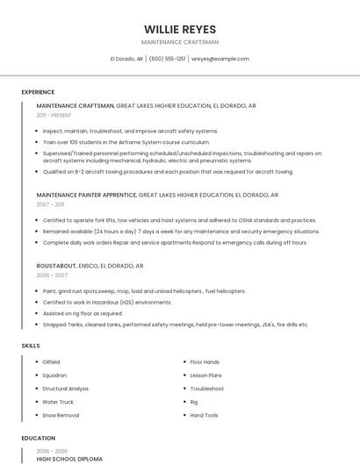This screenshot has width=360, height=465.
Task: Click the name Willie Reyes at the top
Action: [x=180, y=29]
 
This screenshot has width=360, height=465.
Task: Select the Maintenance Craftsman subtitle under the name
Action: [x=180, y=42]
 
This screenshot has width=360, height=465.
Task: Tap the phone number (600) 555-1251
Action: [x=167, y=59]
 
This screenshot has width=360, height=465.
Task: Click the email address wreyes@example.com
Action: [x=220, y=59]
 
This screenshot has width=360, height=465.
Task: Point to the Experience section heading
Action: [x=38, y=92]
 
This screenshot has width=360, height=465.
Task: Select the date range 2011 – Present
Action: [x=54, y=115]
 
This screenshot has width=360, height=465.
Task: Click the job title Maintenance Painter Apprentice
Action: [x=86, y=195]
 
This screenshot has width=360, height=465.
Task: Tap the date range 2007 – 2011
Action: [x=50, y=204]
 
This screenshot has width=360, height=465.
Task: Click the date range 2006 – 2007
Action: [x=52, y=275]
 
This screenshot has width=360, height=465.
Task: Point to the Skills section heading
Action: [x=31, y=346]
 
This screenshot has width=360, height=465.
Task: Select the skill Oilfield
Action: [x=51, y=361]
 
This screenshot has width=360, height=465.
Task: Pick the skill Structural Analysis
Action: [x=65, y=388]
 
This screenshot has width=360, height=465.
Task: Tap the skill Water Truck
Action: [x=58, y=402]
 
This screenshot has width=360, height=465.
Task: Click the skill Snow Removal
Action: [x=61, y=415]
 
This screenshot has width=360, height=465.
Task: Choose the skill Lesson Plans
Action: [x=205, y=375]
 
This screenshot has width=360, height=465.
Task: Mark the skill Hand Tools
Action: [x=204, y=415]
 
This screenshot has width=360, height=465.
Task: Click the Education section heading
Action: [x=38, y=438]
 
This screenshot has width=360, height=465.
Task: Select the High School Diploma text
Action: [x=69, y=458]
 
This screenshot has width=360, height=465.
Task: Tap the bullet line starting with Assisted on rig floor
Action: [x=83, y=313]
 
